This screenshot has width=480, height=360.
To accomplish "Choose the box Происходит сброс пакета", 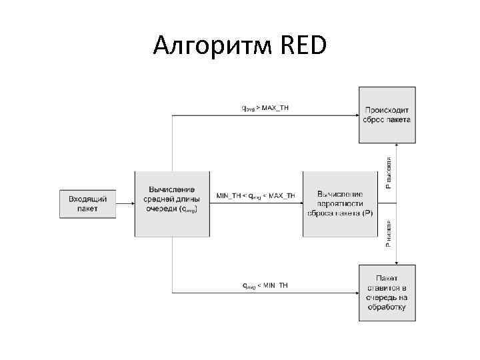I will [x=387, y=115].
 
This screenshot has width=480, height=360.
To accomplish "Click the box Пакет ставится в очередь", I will [x=387, y=293].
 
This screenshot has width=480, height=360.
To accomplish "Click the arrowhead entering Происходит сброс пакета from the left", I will [x=355, y=115].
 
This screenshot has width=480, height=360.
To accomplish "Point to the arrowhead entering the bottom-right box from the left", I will [x=355, y=293].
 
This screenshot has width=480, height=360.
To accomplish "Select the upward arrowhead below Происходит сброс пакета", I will [x=397, y=146].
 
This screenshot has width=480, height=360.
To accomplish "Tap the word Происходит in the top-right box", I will [x=387, y=110].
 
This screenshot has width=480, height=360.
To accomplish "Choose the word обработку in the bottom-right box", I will [x=387, y=307].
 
